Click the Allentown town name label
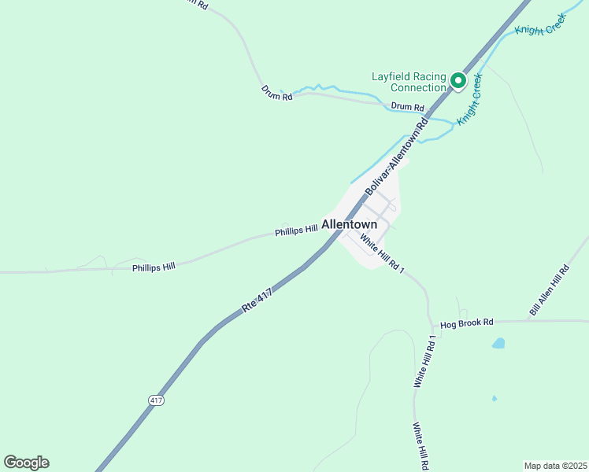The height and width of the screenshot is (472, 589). click(x=349, y=224)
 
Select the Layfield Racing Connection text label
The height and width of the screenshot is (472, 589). click(x=409, y=82)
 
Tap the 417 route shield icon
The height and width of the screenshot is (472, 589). click(x=156, y=400)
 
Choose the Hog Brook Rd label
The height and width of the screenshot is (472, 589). click(x=466, y=323)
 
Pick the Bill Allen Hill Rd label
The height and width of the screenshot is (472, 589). click(x=549, y=291)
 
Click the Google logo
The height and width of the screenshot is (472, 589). click(x=26, y=463)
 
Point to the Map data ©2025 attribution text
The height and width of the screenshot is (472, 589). click(x=556, y=465)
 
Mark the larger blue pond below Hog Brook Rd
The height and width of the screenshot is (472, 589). click(x=498, y=343)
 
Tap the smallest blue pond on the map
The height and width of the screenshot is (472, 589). click(x=494, y=398)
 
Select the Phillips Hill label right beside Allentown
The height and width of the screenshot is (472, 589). click(x=296, y=231)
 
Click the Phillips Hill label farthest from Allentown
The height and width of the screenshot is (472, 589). click(x=154, y=267)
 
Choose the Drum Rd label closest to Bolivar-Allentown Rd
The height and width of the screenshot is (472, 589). click(x=407, y=107)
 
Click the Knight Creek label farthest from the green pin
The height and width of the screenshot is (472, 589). click(x=540, y=24)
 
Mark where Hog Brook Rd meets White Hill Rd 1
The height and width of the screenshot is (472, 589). click(x=432, y=323)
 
